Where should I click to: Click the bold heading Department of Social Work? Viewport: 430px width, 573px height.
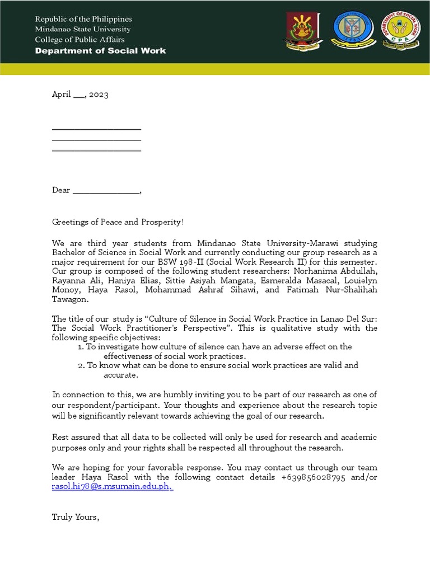(100, 50)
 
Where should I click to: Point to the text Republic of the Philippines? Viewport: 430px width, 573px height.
(83, 19)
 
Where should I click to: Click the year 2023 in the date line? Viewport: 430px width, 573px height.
(98, 95)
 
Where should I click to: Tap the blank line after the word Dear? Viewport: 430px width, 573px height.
(106, 191)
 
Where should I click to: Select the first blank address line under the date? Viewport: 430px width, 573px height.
(96, 129)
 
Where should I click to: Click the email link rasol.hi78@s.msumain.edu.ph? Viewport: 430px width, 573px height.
(112, 487)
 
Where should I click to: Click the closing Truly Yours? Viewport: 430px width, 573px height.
(76, 516)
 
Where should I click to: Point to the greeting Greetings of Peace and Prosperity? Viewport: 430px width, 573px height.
(118, 222)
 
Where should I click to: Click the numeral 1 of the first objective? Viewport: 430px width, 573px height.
(81, 347)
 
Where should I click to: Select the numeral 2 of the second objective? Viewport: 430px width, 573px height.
(81, 365)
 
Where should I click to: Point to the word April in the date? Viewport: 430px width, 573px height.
(61, 95)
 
